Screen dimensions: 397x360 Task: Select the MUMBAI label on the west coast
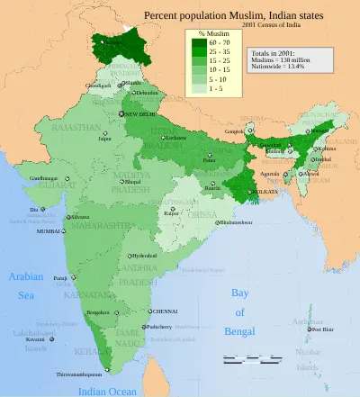click(x=49, y=231)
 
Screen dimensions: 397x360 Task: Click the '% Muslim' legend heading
click(x=212, y=32)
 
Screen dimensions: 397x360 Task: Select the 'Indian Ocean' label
click(x=107, y=391)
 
